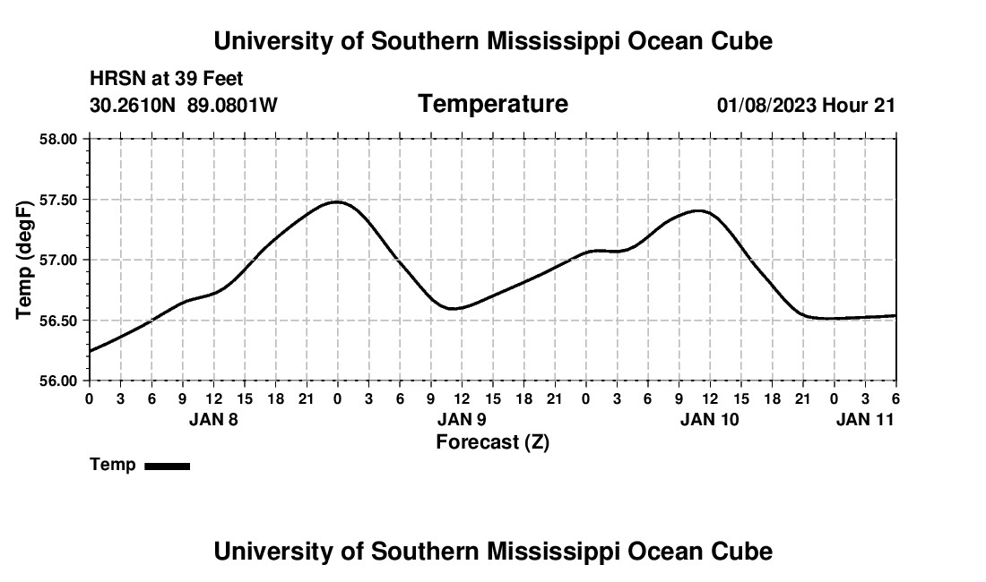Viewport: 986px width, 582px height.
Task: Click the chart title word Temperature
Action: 493,104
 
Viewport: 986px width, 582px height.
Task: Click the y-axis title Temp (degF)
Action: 26,260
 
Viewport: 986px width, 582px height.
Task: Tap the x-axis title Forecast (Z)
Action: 492,441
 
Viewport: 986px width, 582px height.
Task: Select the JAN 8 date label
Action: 213,419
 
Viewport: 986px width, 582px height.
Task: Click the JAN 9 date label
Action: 462,419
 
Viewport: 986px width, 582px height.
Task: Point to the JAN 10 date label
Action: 710,419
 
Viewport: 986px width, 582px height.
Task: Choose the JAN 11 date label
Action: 865,419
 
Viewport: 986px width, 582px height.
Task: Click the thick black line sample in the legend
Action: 167,466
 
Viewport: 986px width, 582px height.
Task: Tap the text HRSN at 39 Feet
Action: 167,79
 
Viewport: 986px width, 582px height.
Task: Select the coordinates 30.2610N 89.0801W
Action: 184,105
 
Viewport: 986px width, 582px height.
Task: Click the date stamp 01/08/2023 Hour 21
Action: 806,105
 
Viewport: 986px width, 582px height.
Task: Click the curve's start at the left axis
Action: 91,351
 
